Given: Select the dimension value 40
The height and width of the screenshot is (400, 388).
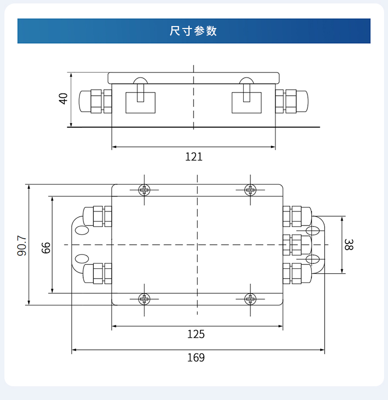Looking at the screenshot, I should [63, 98].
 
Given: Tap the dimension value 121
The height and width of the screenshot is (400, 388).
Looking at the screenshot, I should [194, 157].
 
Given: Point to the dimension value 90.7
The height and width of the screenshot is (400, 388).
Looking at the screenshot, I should [22, 245].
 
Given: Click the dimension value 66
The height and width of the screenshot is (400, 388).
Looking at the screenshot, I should [46, 247].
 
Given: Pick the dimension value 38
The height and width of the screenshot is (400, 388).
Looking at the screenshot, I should [348, 245].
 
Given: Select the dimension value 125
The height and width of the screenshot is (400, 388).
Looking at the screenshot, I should [195, 334].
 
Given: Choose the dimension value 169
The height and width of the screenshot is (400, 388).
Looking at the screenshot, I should [195, 357].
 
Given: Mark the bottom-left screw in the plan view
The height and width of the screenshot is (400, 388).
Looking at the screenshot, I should [144, 298].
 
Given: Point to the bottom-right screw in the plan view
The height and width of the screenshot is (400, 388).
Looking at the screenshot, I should [250, 298].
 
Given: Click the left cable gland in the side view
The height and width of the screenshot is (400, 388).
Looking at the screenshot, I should [95, 101].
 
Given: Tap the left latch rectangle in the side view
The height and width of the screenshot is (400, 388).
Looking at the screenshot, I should [140, 102].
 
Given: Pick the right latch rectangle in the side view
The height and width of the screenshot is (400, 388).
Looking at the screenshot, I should [247, 102].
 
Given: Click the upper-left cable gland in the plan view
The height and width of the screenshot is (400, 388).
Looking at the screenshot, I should [97, 216].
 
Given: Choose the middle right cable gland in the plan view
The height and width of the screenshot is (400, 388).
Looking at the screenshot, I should [296, 244].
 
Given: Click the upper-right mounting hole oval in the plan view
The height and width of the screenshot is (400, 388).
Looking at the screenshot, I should [312, 230].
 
